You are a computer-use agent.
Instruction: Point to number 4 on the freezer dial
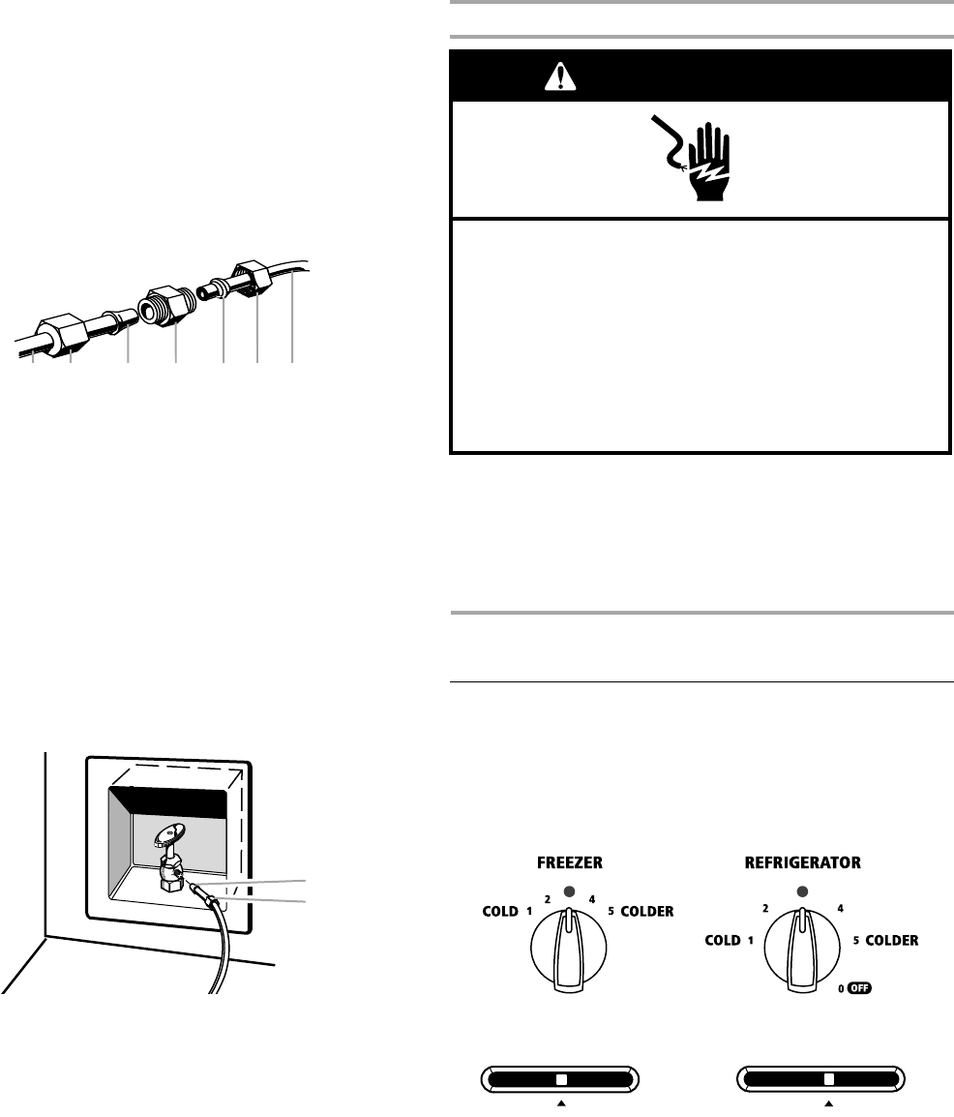tap(591, 900)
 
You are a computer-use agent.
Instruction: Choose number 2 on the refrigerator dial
tap(765, 909)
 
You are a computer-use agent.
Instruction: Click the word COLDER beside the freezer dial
tap(647, 912)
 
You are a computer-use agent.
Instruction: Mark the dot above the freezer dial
tap(569, 891)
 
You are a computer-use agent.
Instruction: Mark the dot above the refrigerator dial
tap(801, 891)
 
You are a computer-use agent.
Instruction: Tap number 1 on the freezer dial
tap(530, 912)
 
